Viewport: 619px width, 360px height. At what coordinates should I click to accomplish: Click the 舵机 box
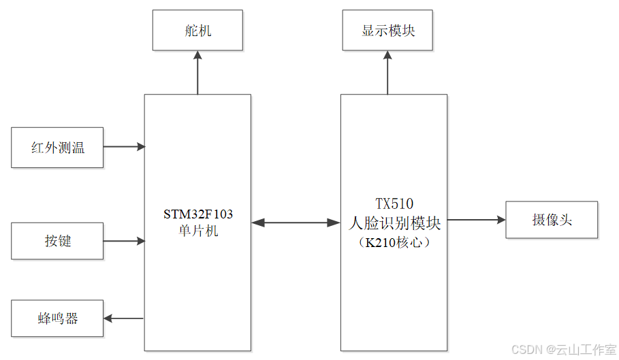pyautogui.click(x=197, y=31)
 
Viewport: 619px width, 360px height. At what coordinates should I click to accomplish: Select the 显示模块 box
pyautogui.click(x=387, y=31)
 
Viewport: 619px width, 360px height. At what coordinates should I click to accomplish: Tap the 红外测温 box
pyautogui.click(x=57, y=147)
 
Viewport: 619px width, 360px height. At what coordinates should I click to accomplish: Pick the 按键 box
pyautogui.click(x=57, y=240)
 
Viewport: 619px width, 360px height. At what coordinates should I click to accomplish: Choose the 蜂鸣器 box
pyautogui.click(x=57, y=318)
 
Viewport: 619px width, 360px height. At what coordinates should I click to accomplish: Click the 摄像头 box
pyautogui.click(x=551, y=220)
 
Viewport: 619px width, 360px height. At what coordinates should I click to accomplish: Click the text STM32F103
pyautogui.click(x=197, y=214)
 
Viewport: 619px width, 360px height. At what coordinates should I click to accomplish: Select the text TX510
pyautogui.click(x=394, y=203)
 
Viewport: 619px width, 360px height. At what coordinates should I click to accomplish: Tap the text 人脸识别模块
pyautogui.click(x=394, y=223)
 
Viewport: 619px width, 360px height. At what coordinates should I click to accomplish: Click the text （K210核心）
pyautogui.click(x=394, y=242)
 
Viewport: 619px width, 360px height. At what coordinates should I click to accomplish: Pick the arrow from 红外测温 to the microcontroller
pyautogui.click(x=124, y=146)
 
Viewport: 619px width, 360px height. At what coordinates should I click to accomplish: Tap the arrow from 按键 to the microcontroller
pyautogui.click(x=124, y=240)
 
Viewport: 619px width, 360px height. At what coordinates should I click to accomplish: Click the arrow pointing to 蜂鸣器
pyautogui.click(x=123, y=318)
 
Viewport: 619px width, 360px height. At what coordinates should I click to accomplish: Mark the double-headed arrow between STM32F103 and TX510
pyautogui.click(x=296, y=223)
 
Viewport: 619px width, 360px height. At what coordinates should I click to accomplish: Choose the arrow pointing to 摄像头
pyautogui.click(x=476, y=220)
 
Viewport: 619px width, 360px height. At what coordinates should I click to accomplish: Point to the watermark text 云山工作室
pyautogui.click(x=586, y=349)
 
